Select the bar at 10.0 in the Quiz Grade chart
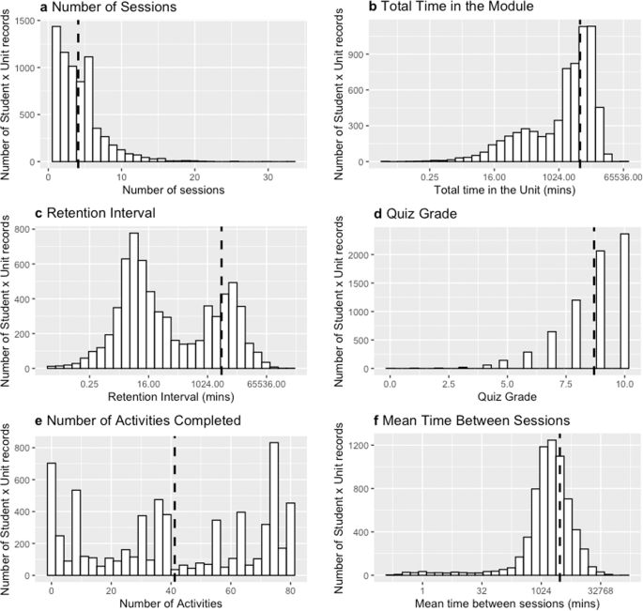click(624, 300)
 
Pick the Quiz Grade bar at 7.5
click(576, 334)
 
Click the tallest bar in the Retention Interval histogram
click(133, 300)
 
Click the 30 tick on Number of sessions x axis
click(268, 176)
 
